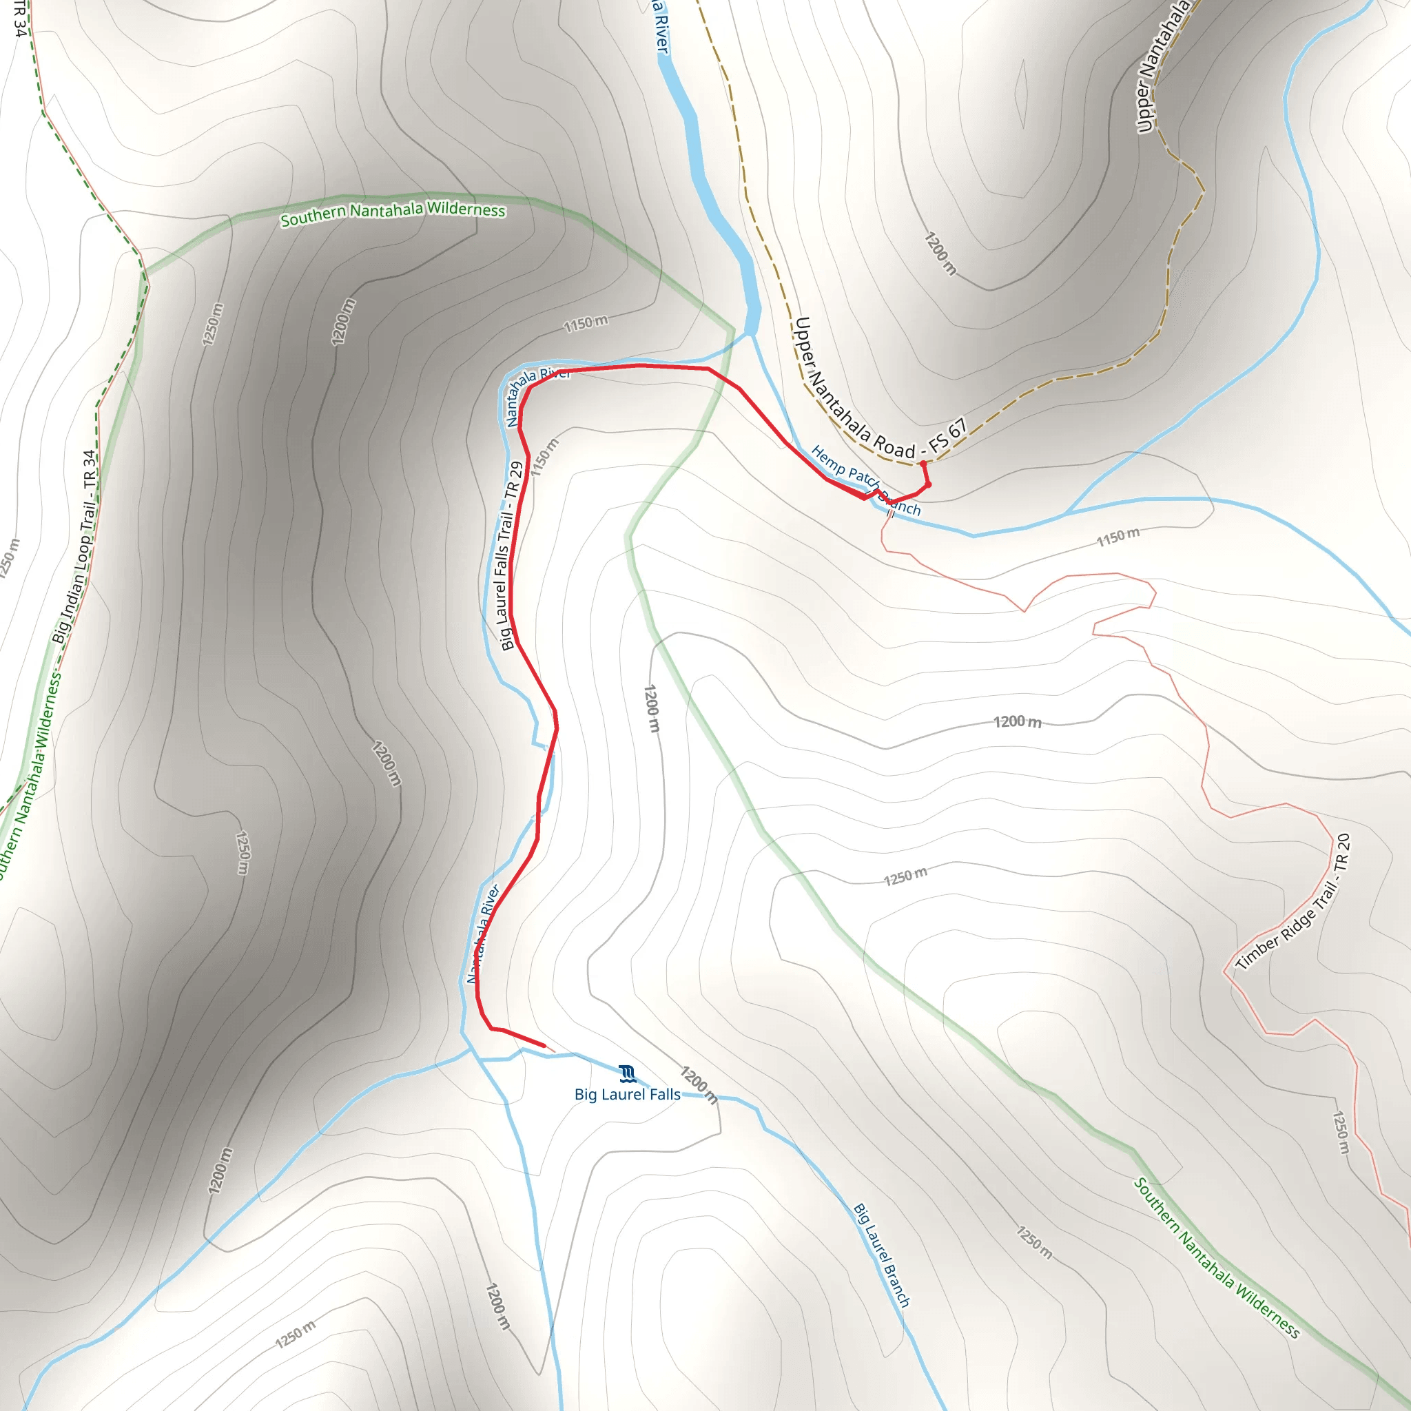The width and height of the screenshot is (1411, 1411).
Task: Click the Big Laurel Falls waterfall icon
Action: tap(627, 1073)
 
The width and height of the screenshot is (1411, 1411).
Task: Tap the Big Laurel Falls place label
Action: tap(628, 1094)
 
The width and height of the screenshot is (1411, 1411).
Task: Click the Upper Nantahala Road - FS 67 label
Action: tap(880, 390)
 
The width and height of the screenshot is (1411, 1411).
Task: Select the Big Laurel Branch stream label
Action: tap(881, 1255)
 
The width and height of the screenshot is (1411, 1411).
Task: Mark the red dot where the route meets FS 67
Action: tap(923, 464)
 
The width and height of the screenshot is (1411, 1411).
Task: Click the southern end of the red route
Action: tap(544, 1046)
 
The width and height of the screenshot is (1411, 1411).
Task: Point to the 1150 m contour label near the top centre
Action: tap(586, 323)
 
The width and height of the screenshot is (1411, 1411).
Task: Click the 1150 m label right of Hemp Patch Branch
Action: tap(1118, 537)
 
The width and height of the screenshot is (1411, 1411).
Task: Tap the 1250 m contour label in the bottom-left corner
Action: tap(296, 1335)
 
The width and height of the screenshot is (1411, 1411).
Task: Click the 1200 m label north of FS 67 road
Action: tap(940, 254)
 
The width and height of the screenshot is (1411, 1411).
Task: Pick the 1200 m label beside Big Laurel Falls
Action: tap(699, 1085)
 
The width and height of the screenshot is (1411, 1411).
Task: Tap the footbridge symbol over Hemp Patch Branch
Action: tap(890, 513)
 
